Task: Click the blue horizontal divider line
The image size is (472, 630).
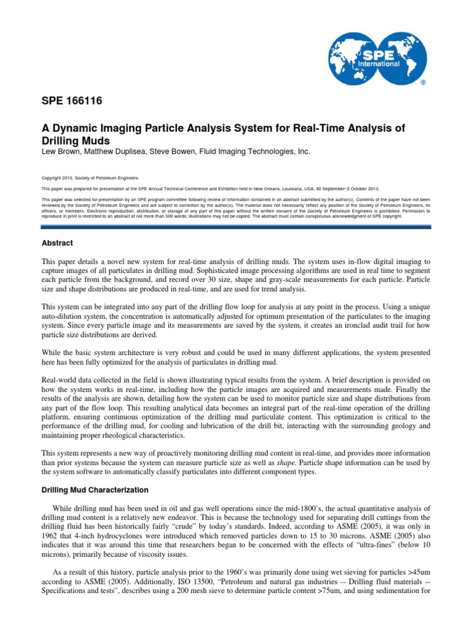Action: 236,227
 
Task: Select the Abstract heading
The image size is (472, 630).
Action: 57,243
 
